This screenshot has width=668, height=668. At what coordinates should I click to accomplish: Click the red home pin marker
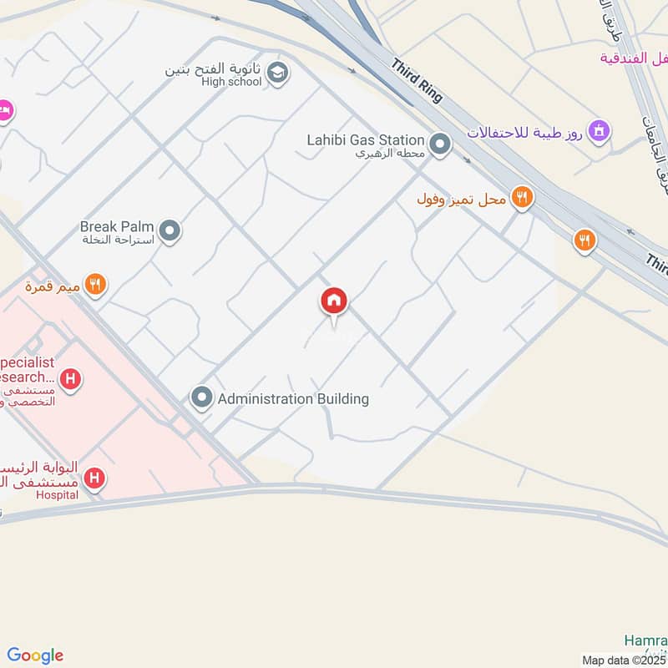point(334,301)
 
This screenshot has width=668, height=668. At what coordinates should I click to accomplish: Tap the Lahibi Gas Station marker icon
point(441,145)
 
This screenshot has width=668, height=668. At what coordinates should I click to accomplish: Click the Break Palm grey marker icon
point(170,230)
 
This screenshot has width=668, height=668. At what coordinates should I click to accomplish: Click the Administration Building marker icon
point(201,398)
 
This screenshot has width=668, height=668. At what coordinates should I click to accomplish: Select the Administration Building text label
point(293,399)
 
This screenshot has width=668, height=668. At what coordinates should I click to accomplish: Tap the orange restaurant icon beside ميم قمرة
point(96,285)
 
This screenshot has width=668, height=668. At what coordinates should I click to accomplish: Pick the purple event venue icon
point(599,130)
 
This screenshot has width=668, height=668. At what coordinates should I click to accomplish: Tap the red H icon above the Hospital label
point(96,478)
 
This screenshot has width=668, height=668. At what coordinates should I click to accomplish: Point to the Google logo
point(35,655)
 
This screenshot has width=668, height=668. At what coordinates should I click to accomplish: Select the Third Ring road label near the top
point(416,80)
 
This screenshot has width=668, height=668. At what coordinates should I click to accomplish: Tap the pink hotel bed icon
point(4,109)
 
